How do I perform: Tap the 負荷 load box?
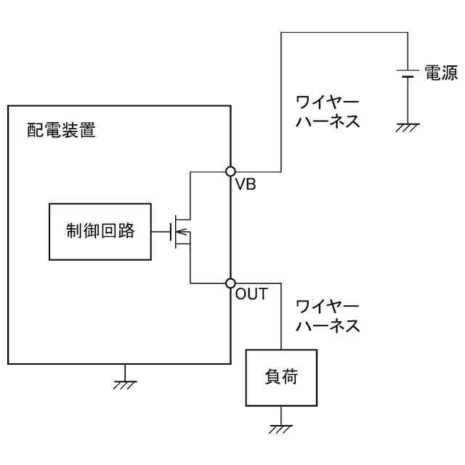[x=281, y=378]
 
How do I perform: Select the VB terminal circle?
[x=230, y=171]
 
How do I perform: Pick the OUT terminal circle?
[x=230, y=283]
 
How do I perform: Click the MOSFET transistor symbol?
[x=182, y=232]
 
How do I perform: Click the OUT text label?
[x=251, y=295]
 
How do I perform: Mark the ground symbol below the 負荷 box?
[x=281, y=428]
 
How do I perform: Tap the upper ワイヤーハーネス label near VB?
[x=327, y=110]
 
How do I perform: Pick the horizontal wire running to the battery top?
[x=341, y=32]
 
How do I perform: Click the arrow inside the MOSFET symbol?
[x=184, y=232]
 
